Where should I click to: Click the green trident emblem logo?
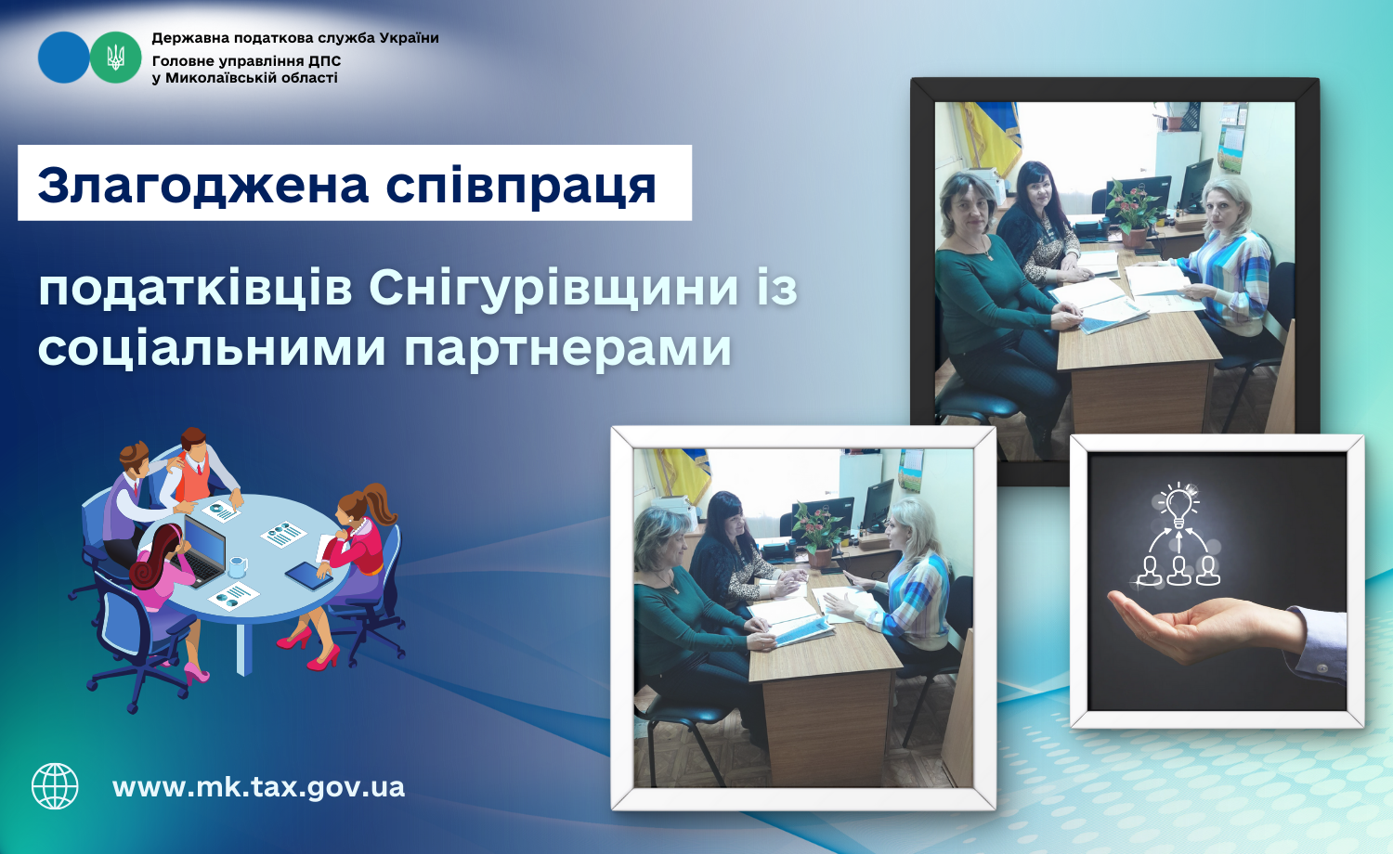point(116,58)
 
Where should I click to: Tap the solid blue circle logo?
point(64,58)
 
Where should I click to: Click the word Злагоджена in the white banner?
point(202,186)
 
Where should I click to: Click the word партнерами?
point(567,349)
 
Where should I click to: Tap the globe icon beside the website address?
point(56,786)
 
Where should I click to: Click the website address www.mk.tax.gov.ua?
point(259,787)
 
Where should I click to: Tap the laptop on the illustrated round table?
point(203,551)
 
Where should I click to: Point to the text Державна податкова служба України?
point(295,38)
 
